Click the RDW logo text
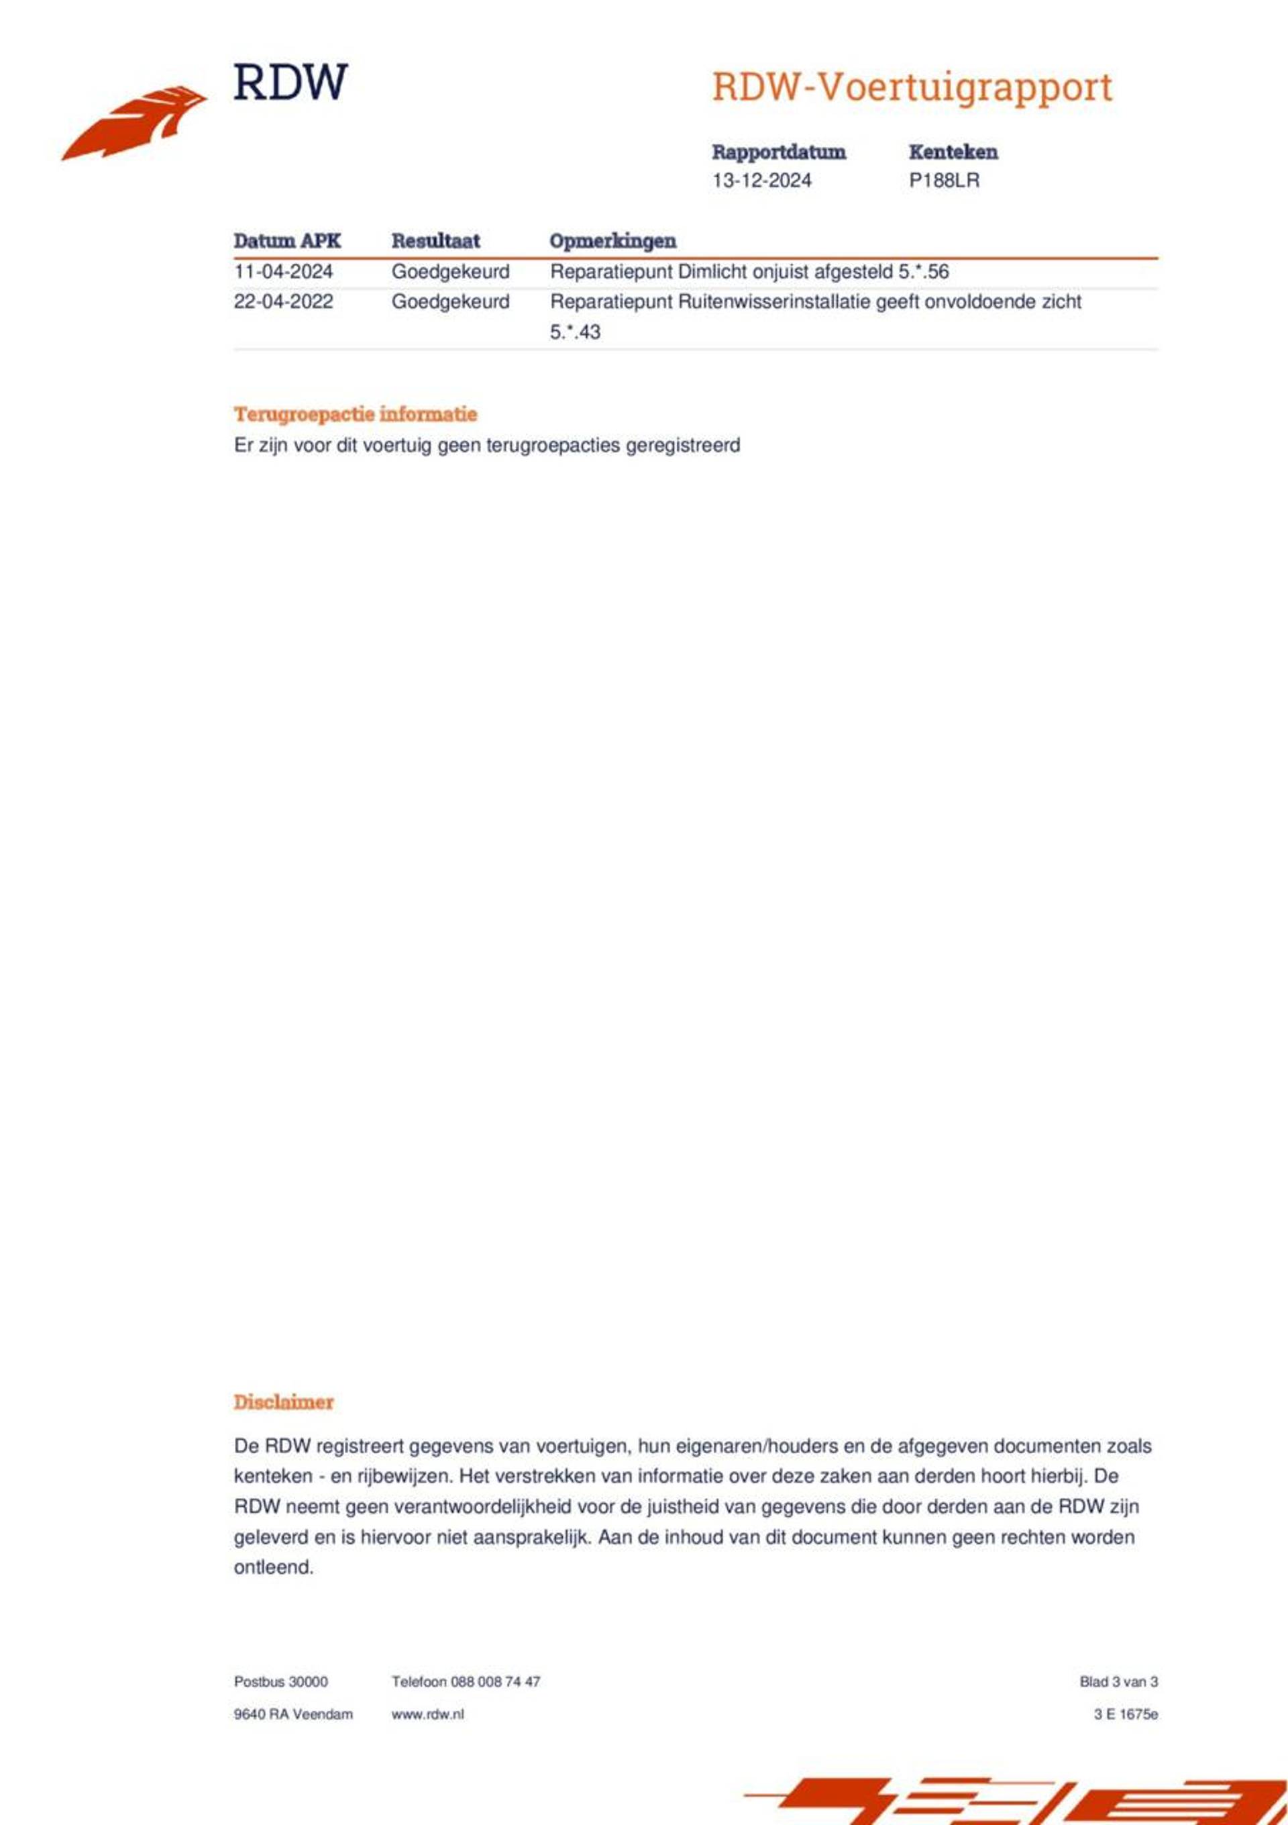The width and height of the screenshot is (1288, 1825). pos(290,82)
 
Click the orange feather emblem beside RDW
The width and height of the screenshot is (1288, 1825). pos(135,124)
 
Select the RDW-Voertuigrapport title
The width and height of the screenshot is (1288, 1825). pos(912,87)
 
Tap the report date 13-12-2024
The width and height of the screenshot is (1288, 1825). pos(761,181)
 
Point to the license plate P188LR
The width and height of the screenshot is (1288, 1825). pos(944,181)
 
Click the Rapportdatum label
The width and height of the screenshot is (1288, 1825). pos(778,152)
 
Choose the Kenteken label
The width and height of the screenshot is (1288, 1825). pos(953,152)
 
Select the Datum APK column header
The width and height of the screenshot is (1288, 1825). pos(287,241)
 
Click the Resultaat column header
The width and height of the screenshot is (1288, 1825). pos(435,241)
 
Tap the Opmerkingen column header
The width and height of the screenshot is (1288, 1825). pos(612,241)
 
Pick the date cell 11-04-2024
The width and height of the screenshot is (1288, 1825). pos(283,272)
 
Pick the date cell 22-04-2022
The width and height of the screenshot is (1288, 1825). pos(283,302)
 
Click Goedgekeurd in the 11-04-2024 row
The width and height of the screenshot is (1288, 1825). pos(449,272)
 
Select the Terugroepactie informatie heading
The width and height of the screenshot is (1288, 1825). pos(355,414)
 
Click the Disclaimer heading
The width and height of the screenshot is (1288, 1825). pos(283,1401)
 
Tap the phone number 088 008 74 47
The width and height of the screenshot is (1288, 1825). pos(495,1682)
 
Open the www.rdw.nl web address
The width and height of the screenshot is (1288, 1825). pos(427,1714)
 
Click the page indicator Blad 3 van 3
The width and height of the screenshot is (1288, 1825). pos(1118,1682)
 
